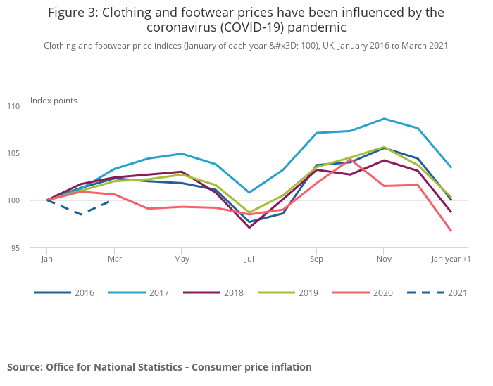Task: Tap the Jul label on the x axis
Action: [249, 259]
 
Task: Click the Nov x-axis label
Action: [383, 259]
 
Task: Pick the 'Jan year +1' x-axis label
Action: [451, 259]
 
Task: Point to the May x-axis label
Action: [182, 259]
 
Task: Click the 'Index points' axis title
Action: [54, 101]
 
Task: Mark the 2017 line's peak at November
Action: [383, 119]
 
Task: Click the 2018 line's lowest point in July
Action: [249, 227]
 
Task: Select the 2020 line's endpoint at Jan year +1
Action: [451, 231]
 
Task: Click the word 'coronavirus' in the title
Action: [181, 27]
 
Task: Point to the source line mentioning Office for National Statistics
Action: [159, 367]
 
